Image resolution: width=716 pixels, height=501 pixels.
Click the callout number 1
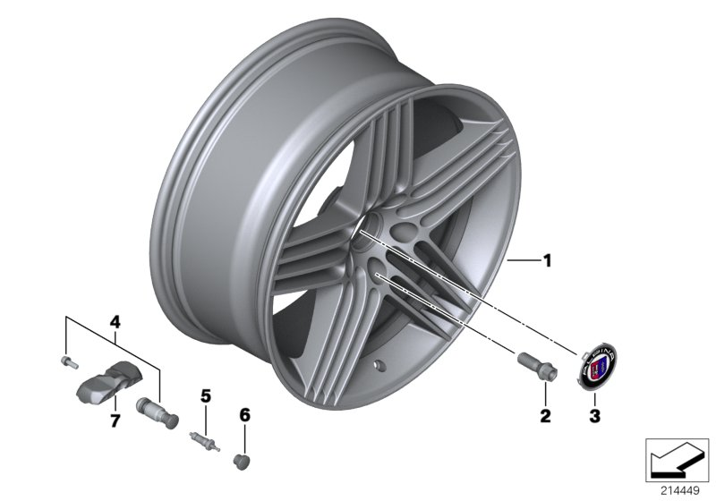coord(547,262)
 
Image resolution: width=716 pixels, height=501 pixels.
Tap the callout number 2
coord(545,415)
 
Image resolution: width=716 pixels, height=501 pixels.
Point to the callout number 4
coord(114,320)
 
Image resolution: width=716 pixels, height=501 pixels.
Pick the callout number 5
coord(205,395)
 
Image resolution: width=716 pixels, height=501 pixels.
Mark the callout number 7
coord(114,420)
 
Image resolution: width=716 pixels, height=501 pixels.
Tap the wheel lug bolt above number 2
coord(535,366)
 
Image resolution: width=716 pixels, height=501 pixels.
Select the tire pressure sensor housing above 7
coord(99,386)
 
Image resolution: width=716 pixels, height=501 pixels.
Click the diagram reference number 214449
coord(679,488)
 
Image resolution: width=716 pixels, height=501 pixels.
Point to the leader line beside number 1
coord(523,261)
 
